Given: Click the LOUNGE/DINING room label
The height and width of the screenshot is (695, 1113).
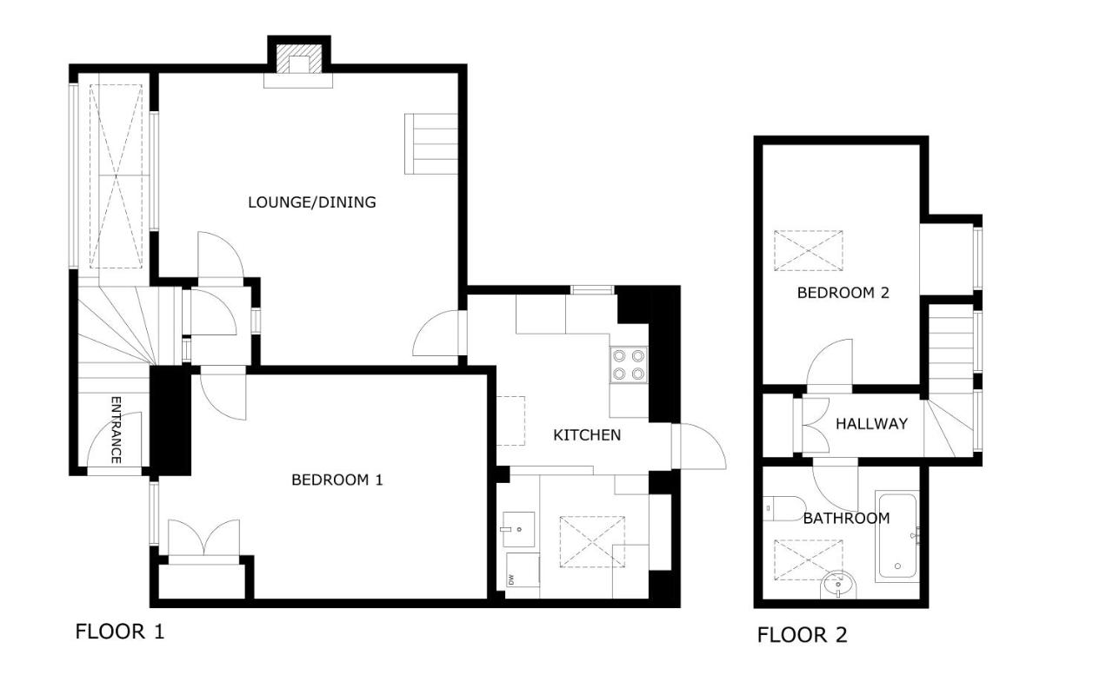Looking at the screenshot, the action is point(311,202).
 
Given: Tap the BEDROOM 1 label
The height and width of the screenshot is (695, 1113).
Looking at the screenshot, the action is point(337,480).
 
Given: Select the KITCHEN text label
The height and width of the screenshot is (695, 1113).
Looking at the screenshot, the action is point(587,435).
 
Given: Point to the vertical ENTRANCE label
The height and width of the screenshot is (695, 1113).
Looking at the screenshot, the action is point(116,430).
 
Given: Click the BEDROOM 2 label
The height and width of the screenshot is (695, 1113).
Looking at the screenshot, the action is point(843,293).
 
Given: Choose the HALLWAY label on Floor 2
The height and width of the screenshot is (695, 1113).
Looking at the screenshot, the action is point(871,424).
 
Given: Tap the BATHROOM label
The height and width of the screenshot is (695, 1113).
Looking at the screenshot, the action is point(846,519).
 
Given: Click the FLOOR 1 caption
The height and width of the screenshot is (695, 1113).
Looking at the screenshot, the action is point(120,632).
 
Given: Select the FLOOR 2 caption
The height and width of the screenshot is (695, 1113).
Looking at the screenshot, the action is point(802,635).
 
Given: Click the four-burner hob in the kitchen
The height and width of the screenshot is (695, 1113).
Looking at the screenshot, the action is point(629,365).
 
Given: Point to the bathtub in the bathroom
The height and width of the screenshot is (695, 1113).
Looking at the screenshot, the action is point(897,537).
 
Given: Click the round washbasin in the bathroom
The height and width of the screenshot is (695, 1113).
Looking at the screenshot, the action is point(838,586).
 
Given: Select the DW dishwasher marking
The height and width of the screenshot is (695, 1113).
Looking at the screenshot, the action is point(510,579).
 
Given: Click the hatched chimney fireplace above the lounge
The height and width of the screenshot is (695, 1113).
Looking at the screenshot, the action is point(298,59).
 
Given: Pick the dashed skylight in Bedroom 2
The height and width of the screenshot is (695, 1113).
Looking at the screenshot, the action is point(809,251).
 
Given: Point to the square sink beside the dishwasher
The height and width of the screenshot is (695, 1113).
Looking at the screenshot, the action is point(518,529).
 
